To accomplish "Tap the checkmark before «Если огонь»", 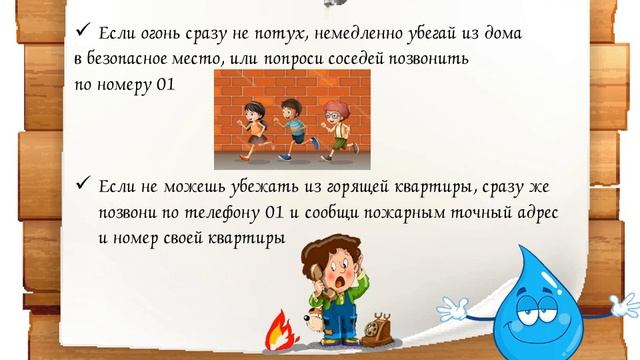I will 83,32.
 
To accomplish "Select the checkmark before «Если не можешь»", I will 83,186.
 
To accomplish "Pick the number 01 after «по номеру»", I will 165,85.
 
